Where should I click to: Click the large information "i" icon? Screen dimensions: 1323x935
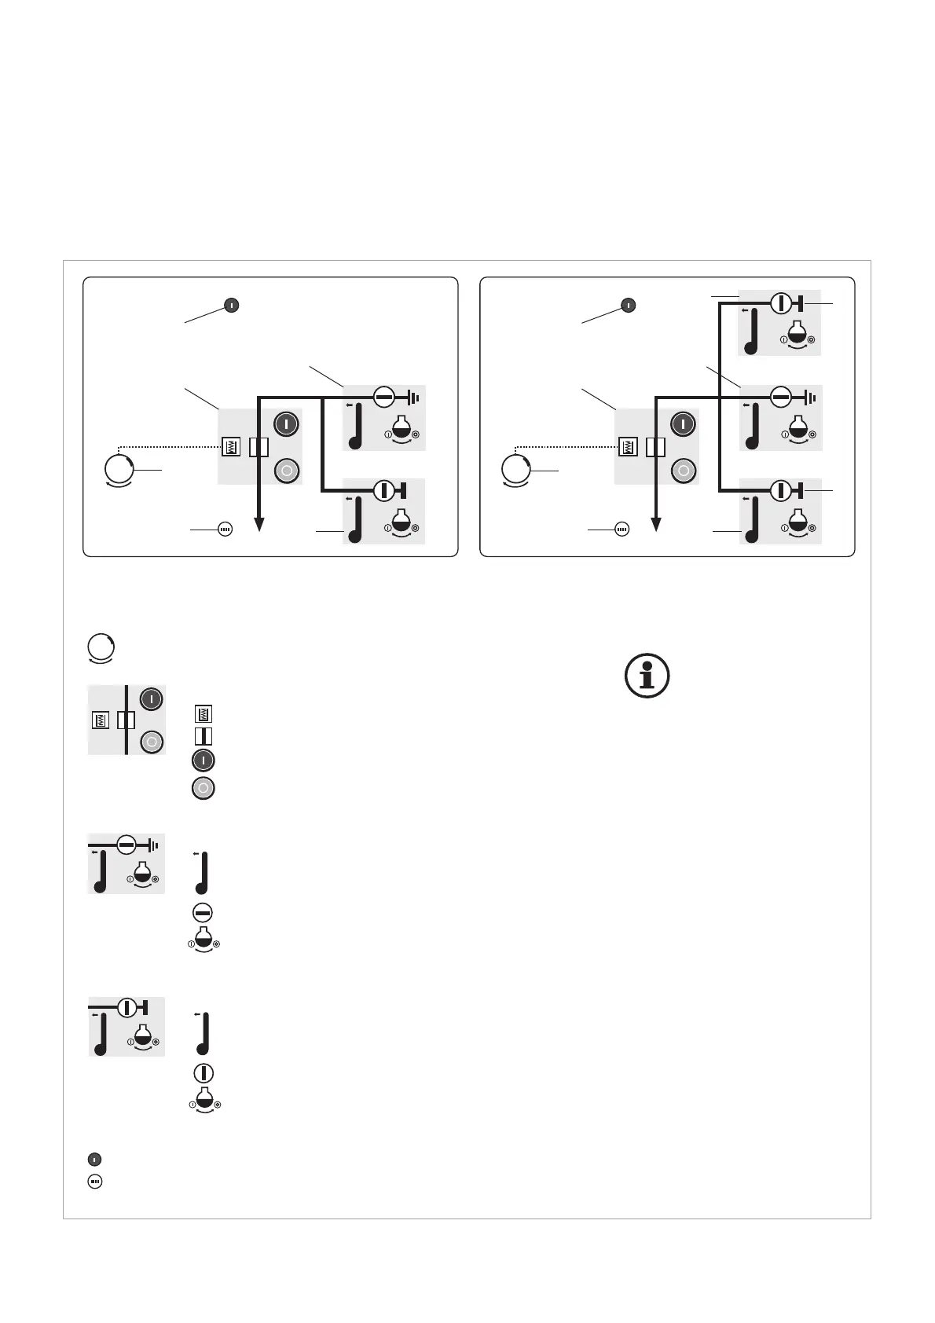(x=647, y=676)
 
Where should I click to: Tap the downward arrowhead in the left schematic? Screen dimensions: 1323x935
(x=258, y=524)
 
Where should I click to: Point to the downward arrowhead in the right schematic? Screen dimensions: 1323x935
(x=655, y=524)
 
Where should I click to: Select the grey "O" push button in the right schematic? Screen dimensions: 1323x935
(x=684, y=471)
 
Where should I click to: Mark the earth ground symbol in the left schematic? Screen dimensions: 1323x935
(x=414, y=398)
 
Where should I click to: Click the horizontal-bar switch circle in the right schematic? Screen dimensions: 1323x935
(x=780, y=398)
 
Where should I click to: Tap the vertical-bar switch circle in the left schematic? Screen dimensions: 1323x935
(x=383, y=490)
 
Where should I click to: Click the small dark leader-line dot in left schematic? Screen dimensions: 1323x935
(x=232, y=305)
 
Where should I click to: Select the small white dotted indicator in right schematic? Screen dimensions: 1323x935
(x=621, y=530)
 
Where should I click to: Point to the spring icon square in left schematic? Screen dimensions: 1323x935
(x=230, y=447)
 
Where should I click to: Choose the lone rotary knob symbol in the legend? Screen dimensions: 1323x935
(x=101, y=648)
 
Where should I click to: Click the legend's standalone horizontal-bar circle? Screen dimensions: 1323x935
(x=203, y=913)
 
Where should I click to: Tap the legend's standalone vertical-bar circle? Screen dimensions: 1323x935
(x=203, y=1073)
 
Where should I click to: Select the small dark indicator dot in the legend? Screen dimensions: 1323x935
(x=94, y=1159)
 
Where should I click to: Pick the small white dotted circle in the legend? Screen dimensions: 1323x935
(x=94, y=1181)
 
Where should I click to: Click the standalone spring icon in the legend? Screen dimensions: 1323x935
(x=203, y=714)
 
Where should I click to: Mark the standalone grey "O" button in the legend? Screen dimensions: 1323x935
(x=203, y=788)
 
